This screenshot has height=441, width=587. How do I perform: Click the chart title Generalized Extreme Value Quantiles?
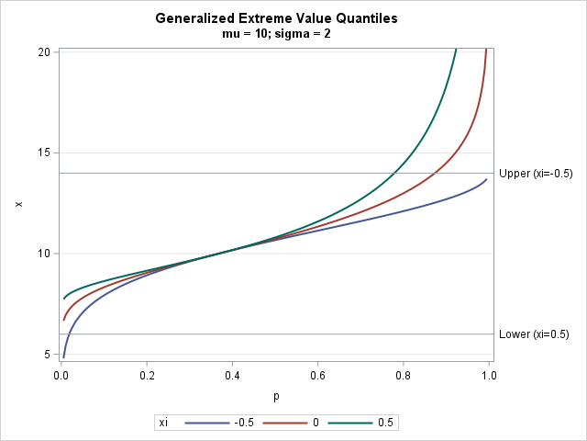click(276, 17)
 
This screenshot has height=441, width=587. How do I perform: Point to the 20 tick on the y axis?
click(44, 51)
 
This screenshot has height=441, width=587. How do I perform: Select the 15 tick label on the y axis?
click(44, 153)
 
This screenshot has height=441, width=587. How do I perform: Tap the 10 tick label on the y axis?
click(44, 254)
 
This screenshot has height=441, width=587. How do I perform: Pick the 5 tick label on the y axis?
click(48, 355)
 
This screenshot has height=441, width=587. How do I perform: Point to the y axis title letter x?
click(18, 203)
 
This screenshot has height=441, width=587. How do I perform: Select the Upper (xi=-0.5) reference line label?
click(536, 173)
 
